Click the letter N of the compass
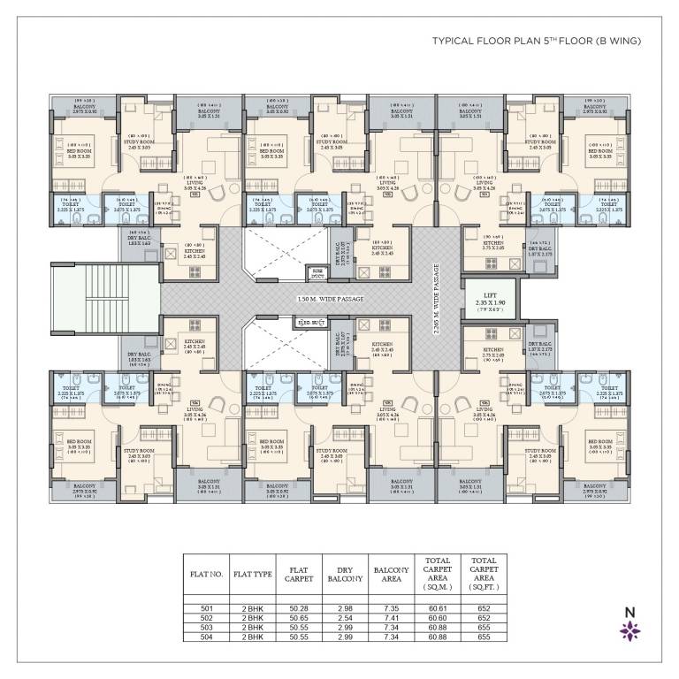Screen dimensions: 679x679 coord(630,611)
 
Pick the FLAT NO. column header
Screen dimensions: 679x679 coord(205,573)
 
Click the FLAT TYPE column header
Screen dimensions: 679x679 coord(250,573)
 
